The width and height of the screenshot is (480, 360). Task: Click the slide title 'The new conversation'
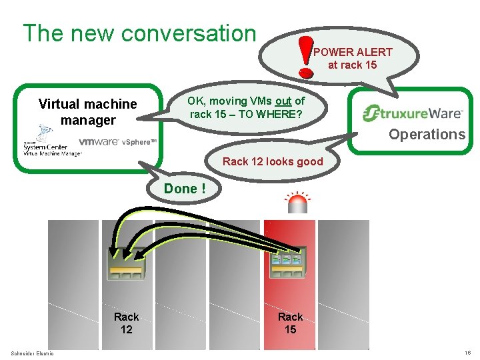tap(139, 33)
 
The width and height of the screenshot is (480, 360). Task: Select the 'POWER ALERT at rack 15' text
tap(353, 58)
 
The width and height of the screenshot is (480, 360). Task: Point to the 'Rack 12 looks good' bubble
tap(273, 161)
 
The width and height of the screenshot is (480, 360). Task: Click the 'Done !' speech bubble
tap(181, 189)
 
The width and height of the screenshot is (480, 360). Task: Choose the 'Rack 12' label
tap(126, 323)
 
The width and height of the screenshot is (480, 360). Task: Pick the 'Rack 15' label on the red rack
tap(290, 323)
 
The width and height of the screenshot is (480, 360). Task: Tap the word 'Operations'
tap(427, 135)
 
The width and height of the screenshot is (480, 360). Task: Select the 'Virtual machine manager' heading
tap(87, 112)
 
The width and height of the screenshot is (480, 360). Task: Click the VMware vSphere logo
tap(118, 142)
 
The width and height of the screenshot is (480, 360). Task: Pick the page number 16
tap(467, 353)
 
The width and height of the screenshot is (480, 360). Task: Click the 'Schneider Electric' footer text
tap(32, 353)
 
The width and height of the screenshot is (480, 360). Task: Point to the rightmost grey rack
tap(343, 283)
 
